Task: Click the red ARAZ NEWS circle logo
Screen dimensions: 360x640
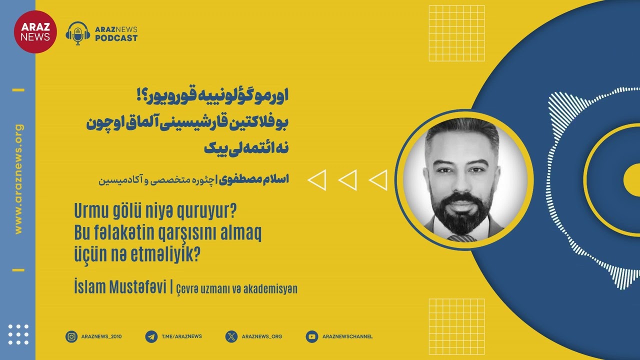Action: tap(35, 31)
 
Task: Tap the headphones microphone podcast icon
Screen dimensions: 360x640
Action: tap(78, 33)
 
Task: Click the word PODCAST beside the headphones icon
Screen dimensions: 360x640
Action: tap(116, 38)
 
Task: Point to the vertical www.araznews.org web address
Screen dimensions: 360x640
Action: tap(19, 179)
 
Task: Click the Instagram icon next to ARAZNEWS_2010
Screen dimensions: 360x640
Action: tap(71, 336)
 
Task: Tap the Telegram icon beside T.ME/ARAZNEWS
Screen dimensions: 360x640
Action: tap(151, 336)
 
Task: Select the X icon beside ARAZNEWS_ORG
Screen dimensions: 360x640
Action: tap(231, 336)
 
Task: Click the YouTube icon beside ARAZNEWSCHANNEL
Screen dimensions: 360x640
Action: tap(312, 336)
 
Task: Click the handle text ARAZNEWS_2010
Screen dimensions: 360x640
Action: tap(101, 336)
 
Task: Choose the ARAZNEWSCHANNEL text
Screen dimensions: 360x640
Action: tap(347, 336)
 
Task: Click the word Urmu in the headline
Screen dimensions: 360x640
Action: tap(90, 212)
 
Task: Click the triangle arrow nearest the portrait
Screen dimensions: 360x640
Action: tap(378, 180)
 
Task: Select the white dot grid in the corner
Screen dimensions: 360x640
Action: tap(18, 334)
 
